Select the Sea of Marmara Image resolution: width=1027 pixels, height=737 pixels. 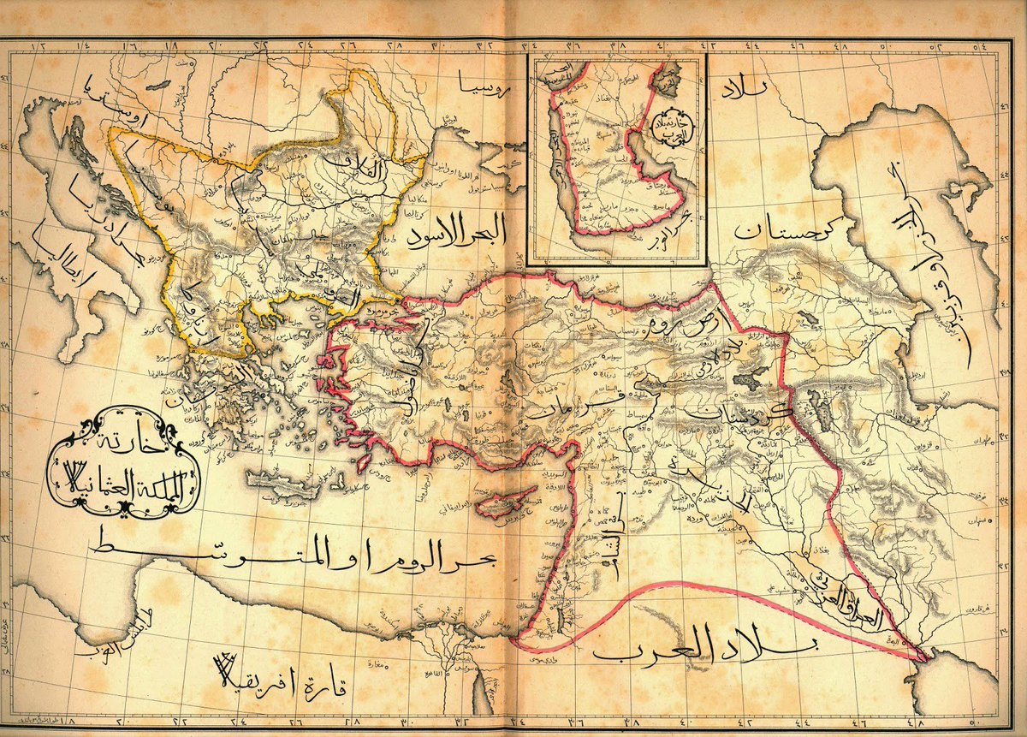365,314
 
